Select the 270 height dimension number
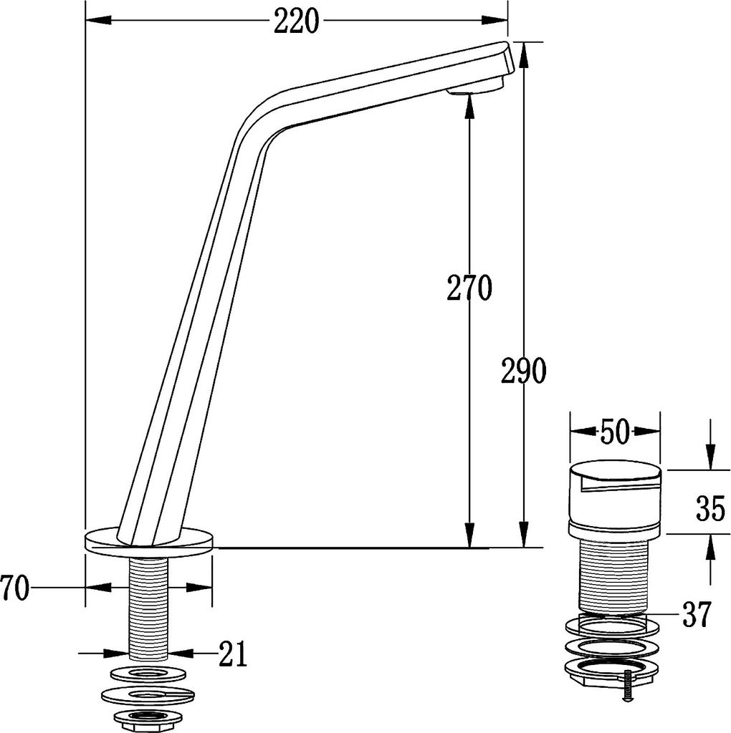(x=469, y=288)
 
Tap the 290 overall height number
(x=523, y=371)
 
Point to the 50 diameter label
(x=615, y=432)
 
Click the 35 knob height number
(x=710, y=509)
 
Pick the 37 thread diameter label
(x=697, y=614)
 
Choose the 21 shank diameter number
(x=233, y=654)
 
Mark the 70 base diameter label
(x=14, y=588)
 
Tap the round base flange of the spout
(x=149, y=543)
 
